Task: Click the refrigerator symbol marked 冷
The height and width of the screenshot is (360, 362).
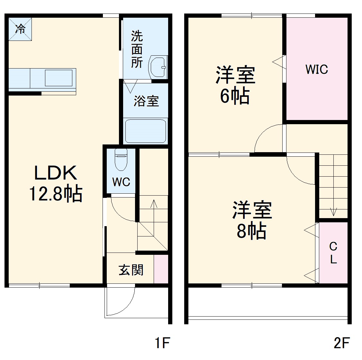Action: (20, 29)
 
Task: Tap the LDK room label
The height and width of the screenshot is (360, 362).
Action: (56, 173)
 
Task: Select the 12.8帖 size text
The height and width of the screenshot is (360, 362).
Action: (56, 193)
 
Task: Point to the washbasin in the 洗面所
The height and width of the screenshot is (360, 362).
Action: (158, 67)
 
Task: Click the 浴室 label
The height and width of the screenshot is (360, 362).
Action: (146, 101)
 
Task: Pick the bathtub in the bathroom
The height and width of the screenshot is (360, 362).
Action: (146, 131)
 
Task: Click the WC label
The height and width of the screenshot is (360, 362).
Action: (121, 182)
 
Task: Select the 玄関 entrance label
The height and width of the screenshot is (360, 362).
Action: (131, 270)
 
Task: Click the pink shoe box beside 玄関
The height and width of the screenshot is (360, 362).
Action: (161, 269)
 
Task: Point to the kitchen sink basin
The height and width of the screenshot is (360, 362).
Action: (59, 78)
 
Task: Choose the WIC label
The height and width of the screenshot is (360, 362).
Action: (316, 69)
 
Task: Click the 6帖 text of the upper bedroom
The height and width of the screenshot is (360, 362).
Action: (235, 96)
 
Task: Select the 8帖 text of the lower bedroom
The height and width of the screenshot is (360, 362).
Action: (251, 231)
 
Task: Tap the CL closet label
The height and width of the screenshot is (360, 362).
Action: (333, 253)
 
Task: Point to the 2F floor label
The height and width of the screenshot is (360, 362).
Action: (341, 343)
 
